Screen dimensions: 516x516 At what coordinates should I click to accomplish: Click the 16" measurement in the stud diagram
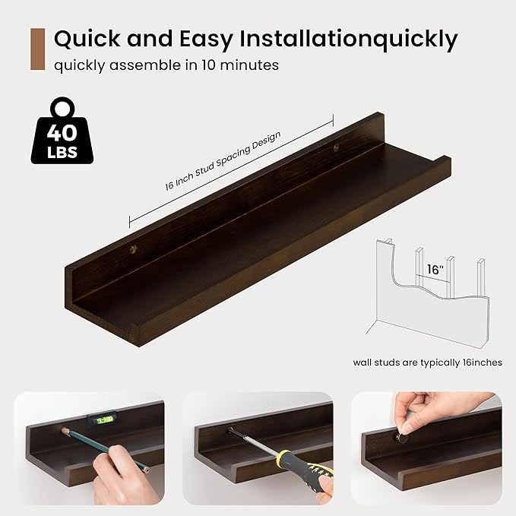[435, 270]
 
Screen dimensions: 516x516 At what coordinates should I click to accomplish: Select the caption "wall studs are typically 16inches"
[427, 362]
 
